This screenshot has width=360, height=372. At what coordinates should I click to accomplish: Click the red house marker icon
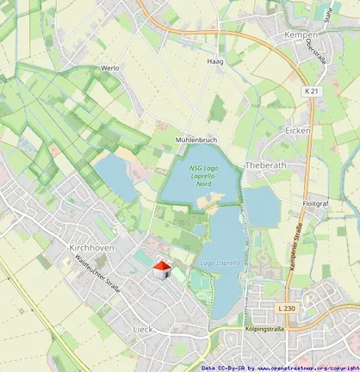[162, 270]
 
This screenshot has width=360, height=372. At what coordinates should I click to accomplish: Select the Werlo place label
[110, 67]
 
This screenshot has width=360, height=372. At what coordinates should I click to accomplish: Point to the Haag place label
[214, 62]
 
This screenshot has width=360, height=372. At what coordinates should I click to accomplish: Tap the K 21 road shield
[311, 90]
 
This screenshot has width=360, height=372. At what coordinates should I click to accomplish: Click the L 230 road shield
[287, 308]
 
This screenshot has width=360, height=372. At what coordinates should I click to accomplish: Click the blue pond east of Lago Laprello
[261, 206]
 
